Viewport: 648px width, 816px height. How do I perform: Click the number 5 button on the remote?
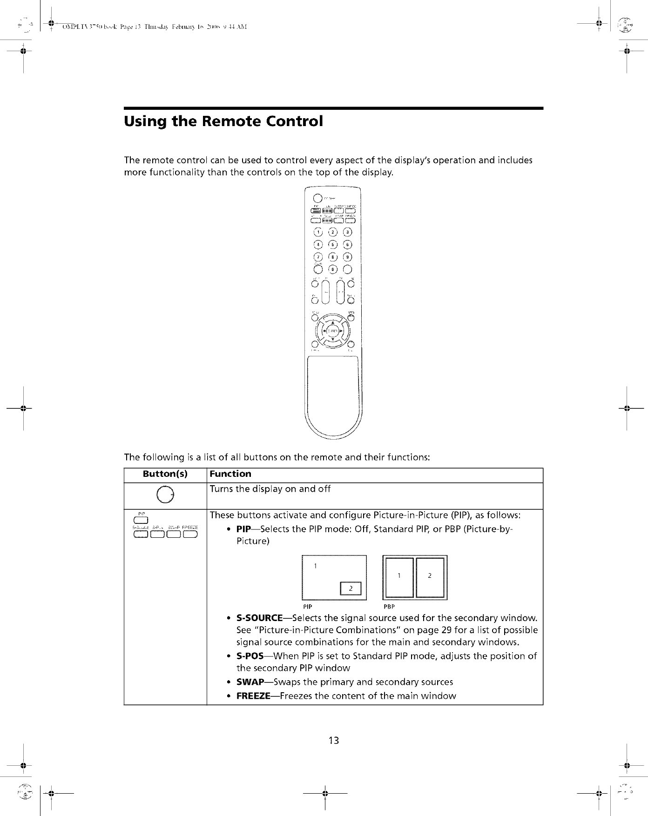(x=333, y=245)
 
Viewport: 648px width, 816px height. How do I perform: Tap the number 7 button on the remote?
(x=318, y=257)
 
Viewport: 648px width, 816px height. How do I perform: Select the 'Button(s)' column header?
(x=165, y=474)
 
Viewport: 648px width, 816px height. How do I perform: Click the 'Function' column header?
(x=230, y=474)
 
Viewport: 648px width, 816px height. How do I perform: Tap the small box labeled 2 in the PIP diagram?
(x=351, y=589)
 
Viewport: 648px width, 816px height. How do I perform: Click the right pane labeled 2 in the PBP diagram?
(x=430, y=576)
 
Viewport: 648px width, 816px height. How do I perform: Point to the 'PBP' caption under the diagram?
(x=389, y=607)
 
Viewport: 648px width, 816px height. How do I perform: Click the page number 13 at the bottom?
(x=333, y=740)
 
